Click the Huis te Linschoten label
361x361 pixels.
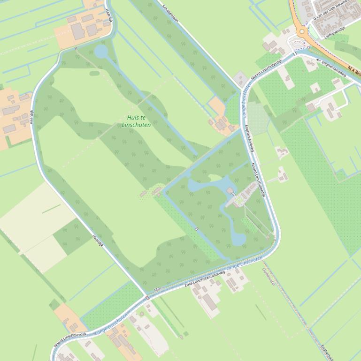point(136,121)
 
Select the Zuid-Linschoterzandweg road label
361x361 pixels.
point(205,278)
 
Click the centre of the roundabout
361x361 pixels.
point(301,32)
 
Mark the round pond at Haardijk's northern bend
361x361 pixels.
point(101,51)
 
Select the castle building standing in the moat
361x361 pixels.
point(230,191)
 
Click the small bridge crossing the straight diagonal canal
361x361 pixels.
point(196,229)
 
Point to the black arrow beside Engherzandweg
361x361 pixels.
point(318,60)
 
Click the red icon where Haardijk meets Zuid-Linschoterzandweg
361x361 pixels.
point(147,297)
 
